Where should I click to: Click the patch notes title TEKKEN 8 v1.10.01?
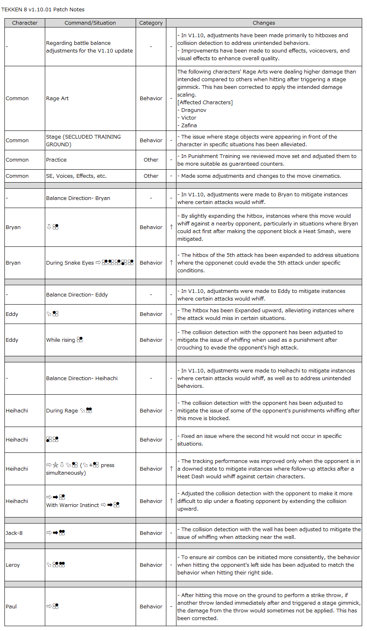coord(43,9)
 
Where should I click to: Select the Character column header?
coord(25,23)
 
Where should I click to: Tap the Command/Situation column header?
coord(90,23)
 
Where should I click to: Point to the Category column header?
coord(151,23)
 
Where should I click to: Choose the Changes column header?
coord(264,23)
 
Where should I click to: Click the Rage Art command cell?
coord(57,98)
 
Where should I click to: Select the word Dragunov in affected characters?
coord(194,110)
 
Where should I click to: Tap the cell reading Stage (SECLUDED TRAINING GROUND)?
coord(83,140)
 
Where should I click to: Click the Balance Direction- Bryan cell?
coord(78,198)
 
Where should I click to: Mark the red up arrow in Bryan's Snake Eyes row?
coord(171,263)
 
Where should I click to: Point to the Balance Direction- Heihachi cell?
coord(82,378)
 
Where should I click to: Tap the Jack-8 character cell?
coord(14,533)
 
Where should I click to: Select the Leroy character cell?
coord(13,565)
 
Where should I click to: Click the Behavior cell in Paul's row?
coord(151,606)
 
